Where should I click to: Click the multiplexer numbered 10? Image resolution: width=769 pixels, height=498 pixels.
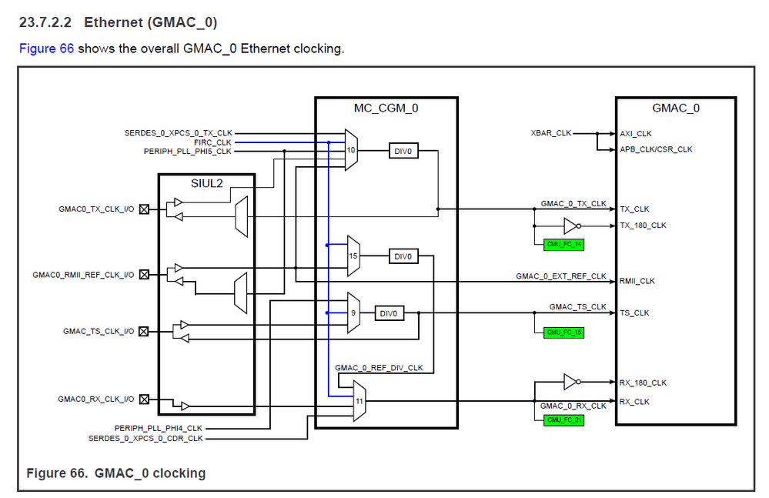pos(352,151)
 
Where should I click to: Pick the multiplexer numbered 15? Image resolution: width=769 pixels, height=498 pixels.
pos(353,256)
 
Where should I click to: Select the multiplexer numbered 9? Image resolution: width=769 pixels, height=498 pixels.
pos(353,313)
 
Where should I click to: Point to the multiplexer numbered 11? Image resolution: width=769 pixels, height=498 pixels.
pos(359,401)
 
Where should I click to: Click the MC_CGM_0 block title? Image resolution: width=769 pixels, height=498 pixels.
pos(386,108)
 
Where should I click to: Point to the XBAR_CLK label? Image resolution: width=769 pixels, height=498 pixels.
pos(552,133)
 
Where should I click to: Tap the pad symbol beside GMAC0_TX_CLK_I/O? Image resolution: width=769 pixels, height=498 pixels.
pos(143,208)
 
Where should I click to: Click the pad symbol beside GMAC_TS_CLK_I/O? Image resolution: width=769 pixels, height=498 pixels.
pos(143,331)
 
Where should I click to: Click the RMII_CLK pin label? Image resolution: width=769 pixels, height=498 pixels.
pos(637,281)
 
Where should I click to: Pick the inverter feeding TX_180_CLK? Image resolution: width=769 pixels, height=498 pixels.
pos(570,226)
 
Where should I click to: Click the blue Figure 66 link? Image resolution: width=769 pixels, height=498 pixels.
pos(46,48)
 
